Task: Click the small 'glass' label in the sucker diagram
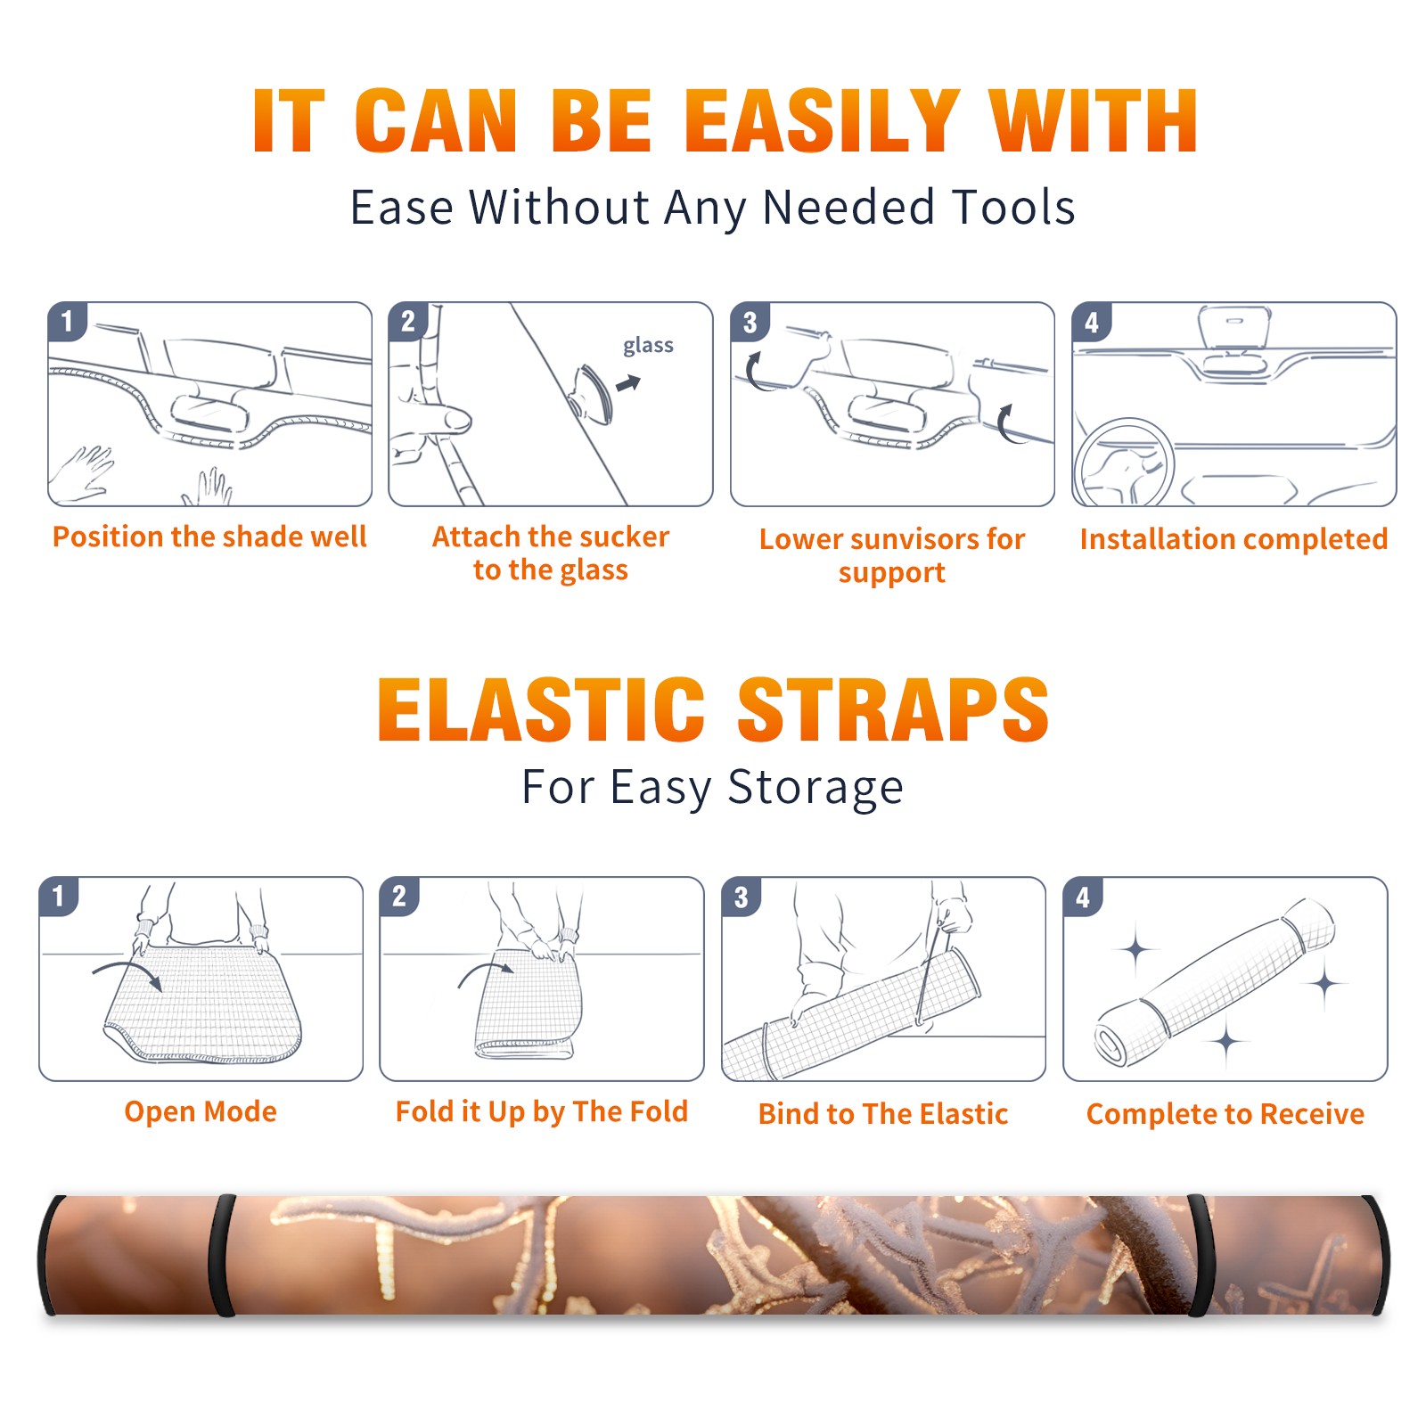(648, 346)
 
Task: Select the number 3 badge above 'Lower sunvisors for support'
(750, 322)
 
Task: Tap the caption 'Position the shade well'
(209, 537)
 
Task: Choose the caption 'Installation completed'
(1233, 538)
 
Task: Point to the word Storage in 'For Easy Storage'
(815, 788)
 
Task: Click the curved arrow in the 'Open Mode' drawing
(127, 972)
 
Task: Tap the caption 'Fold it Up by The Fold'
(542, 1111)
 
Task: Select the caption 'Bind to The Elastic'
(883, 1113)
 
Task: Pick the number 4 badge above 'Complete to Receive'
(1083, 897)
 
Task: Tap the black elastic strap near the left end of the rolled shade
(222, 1255)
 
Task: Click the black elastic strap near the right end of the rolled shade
(1201, 1255)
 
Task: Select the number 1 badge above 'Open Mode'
(59, 896)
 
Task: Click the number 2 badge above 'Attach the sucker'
(408, 322)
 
